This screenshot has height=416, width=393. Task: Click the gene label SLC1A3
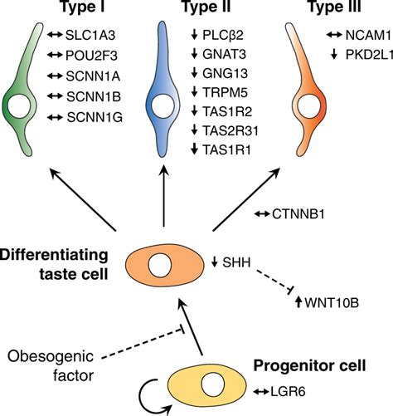(90, 35)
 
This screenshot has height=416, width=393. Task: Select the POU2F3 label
(91, 56)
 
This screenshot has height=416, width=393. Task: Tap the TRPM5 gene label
(225, 92)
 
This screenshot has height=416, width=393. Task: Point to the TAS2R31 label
(230, 130)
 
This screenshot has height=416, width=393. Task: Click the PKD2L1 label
(369, 55)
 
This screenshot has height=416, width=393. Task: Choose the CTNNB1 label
(298, 214)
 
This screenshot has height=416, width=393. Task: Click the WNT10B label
(332, 302)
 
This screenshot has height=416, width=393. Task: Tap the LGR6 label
(288, 392)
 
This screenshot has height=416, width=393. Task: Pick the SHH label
(236, 262)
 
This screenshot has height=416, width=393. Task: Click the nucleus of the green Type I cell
(19, 106)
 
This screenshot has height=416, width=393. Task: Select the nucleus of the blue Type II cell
(163, 105)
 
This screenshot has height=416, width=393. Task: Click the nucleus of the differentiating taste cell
(160, 265)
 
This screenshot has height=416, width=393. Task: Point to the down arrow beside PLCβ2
(194, 35)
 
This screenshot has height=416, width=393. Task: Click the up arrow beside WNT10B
(298, 301)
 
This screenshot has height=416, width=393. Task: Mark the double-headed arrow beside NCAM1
(334, 35)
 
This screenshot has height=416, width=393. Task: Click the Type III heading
(335, 7)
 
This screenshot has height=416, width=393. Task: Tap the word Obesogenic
(51, 357)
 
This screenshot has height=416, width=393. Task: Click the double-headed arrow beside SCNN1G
(55, 117)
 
